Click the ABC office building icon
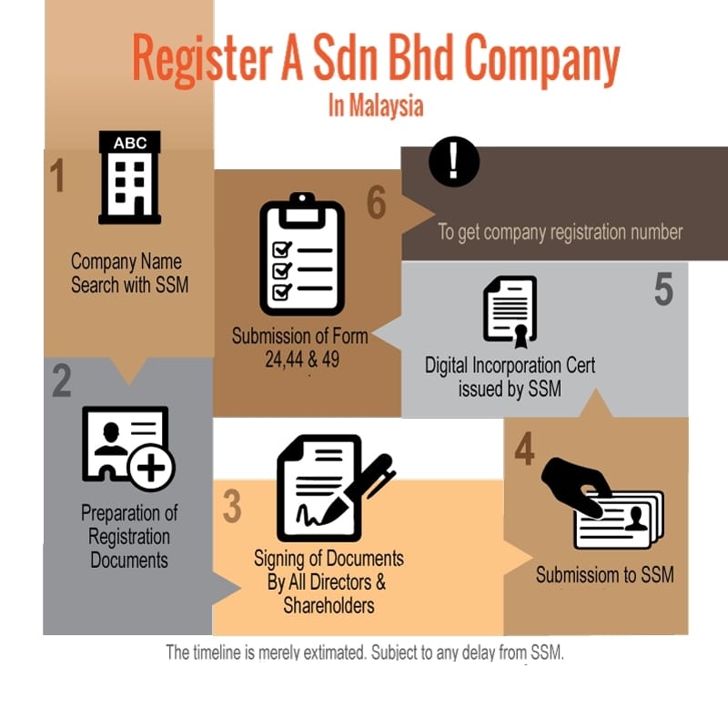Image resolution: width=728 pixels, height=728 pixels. (x=129, y=177)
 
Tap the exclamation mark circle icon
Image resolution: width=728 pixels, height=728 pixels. (x=453, y=161)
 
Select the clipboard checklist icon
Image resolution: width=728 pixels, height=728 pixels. (x=302, y=254)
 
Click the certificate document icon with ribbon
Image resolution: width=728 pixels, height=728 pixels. (x=511, y=311)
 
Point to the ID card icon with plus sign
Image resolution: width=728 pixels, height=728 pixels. (x=128, y=448)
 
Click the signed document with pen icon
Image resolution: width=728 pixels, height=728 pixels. (x=335, y=488)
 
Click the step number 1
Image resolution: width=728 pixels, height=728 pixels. (x=57, y=176)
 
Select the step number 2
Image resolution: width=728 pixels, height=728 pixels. (x=62, y=380)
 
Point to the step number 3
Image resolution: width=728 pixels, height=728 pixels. (x=232, y=506)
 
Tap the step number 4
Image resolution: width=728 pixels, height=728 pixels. (x=525, y=449)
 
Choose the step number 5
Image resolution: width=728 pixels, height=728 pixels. (x=663, y=288)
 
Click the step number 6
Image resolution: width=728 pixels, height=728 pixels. (x=376, y=202)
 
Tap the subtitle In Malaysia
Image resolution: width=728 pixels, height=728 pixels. (x=376, y=106)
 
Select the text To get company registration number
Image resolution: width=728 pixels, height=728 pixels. (x=561, y=232)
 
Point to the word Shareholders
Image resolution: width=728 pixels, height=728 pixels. (x=329, y=605)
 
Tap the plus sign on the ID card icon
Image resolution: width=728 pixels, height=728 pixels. (x=151, y=467)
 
